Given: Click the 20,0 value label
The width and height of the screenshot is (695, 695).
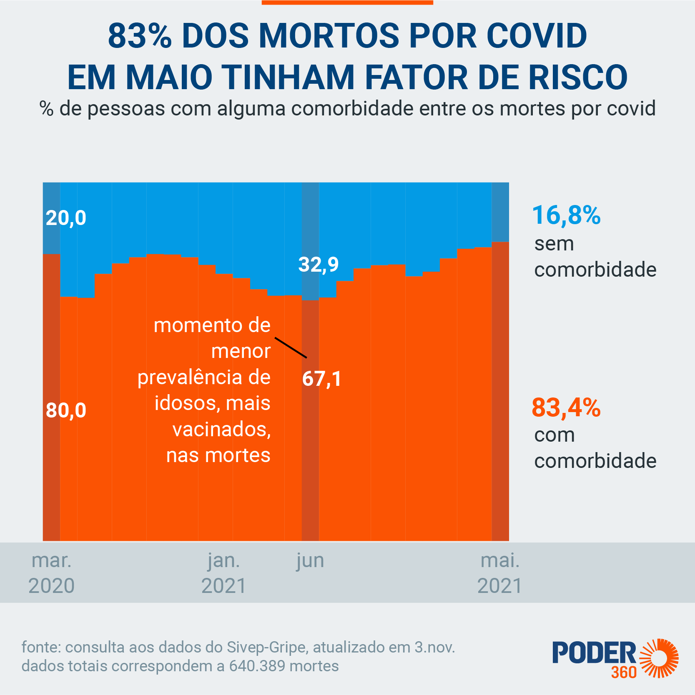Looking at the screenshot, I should [66, 218].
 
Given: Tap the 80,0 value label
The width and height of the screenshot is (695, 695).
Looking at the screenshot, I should [66, 410].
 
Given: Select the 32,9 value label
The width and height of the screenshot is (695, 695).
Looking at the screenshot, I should [319, 265].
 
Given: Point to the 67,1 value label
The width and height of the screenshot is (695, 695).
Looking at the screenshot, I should [321, 379].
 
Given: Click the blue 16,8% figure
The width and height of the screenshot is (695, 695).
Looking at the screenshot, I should [566, 215].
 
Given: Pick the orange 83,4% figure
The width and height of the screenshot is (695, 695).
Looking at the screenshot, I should [566, 407].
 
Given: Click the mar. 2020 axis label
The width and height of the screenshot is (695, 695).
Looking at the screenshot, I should [52, 573].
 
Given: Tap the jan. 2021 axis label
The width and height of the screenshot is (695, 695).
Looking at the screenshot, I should [224, 573].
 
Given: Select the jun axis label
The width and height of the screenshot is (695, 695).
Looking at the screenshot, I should [310, 561].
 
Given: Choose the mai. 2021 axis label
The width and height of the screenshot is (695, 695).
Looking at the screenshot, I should [500, 573].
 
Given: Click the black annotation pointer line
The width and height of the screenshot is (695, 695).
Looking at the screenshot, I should [291, 347].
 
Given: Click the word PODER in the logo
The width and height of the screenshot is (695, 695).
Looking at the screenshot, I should [594, 653].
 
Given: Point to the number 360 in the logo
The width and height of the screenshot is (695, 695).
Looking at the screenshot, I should [624, 672].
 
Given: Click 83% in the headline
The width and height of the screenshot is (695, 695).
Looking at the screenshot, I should [140, 36].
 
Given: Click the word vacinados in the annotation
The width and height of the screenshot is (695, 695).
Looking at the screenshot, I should [221, 429].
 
